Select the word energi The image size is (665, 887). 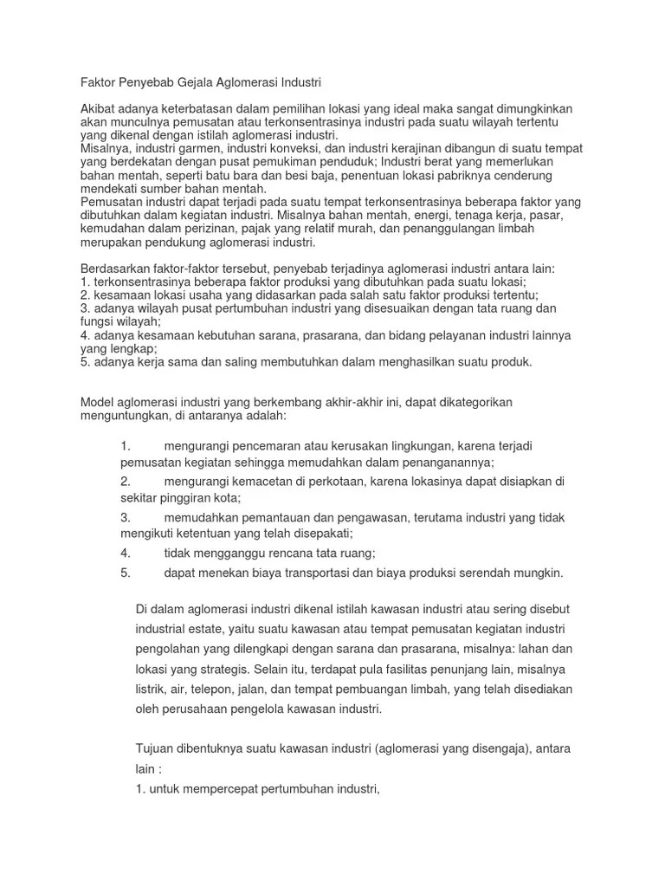pos(354,215)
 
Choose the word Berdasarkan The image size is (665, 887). pos(114,268)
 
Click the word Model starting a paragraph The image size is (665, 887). pos(97,402)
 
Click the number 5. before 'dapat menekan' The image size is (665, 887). pos(126,573)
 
